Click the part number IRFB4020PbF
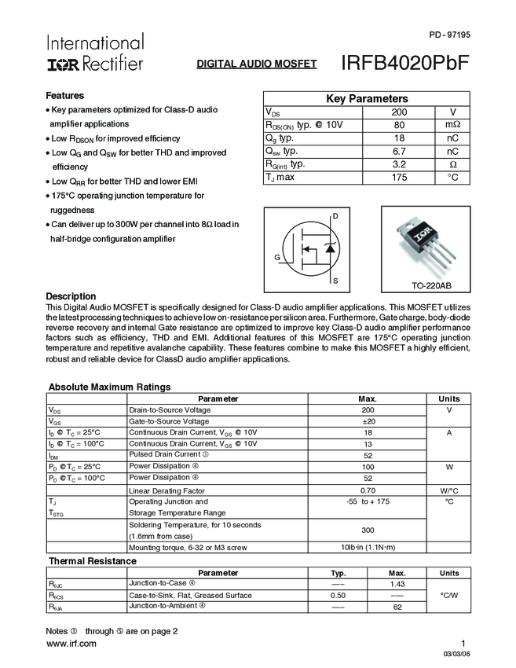tap(405, 64)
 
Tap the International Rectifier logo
tap(94, 53)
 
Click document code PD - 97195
tap(449, 35)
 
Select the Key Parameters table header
tap(367, 98)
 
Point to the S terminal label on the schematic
tap(335, 281)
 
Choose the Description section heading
tap(71, 296)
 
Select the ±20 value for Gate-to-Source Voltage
tap(368, 421)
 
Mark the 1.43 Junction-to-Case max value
tap(397, 584)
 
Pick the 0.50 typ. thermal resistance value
tap(338, 595)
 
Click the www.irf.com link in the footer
tap(71, 644)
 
